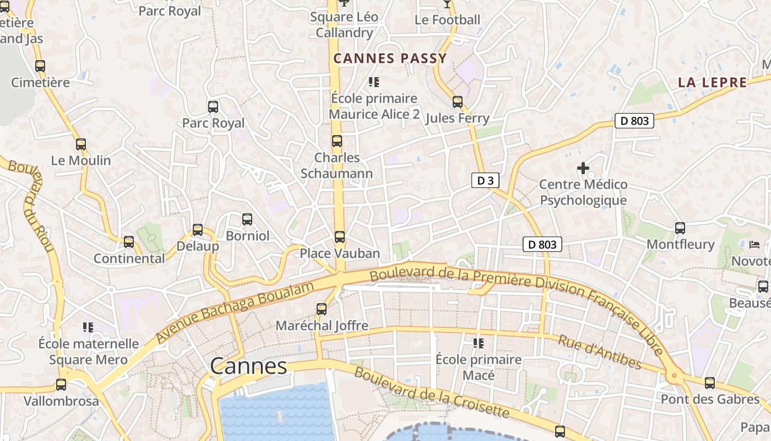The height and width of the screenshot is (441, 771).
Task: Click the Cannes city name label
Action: click(x=248, y=366)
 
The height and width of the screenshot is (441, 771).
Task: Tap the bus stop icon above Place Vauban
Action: click(x=340, y=237)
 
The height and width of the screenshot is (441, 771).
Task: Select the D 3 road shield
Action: click(x=485, y=180)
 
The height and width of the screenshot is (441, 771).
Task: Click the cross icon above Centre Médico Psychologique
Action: click(x=583, y=168)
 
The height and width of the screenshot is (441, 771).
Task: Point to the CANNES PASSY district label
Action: click(x=390, y=58)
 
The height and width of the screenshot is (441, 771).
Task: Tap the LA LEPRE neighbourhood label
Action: click(x=712, y=83)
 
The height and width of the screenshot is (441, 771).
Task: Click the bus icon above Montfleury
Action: click(x=680, y=228)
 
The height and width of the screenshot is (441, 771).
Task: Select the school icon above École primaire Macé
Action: click(x=478, y=343)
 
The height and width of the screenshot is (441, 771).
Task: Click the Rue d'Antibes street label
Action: click(x=599, y=352)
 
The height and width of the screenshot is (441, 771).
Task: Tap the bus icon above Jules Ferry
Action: click(x=457, y=101)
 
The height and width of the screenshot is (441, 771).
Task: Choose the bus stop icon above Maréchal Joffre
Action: click(x=322, y=309)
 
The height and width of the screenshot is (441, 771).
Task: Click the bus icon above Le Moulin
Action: click(x=81, y=144)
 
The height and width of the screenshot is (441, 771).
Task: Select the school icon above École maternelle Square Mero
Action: click(x=88, y=327)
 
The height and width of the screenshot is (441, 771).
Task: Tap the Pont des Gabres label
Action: click(x=710, y=399)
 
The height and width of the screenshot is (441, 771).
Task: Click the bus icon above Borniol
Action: click(x=247, y=219)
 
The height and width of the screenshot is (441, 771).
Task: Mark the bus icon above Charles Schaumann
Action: click(x=337, y=141)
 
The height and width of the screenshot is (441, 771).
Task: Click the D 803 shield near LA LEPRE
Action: click(x=634, y=121)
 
